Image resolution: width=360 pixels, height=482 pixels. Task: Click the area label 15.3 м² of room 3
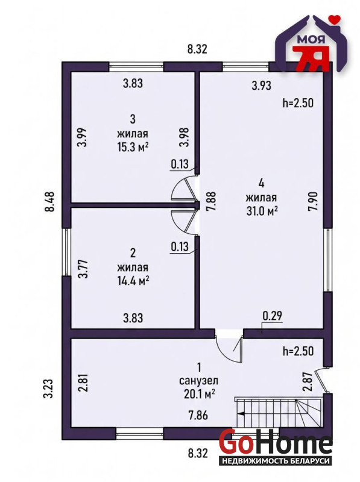pos(133,147)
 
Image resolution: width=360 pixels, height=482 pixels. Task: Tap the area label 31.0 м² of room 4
pos(262,211)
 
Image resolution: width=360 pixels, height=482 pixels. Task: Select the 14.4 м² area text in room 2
pos(133,281)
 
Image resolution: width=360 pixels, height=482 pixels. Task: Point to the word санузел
pos(199,381)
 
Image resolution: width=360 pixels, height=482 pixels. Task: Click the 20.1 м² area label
pos(199,394)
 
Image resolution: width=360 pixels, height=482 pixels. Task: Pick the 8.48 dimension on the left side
pos(49,201)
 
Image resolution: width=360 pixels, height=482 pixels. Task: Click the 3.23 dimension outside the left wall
pos(49,389)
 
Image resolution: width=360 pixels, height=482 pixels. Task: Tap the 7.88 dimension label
pos(212,201)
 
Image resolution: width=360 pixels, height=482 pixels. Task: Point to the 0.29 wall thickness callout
pos(273,316)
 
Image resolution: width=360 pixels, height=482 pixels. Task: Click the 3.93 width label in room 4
pos(262,86)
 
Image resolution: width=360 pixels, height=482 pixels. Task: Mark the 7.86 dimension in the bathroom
pos(198,415)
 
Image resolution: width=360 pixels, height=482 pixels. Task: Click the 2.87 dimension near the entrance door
pos(308,381)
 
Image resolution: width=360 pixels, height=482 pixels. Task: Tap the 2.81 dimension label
pos(83,383)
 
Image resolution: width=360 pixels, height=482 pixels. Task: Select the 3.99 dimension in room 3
pos(82,137)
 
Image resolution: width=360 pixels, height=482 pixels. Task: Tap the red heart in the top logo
pos(334,19)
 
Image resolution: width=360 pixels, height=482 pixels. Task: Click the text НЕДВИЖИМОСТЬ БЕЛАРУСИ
pos(276,461)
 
